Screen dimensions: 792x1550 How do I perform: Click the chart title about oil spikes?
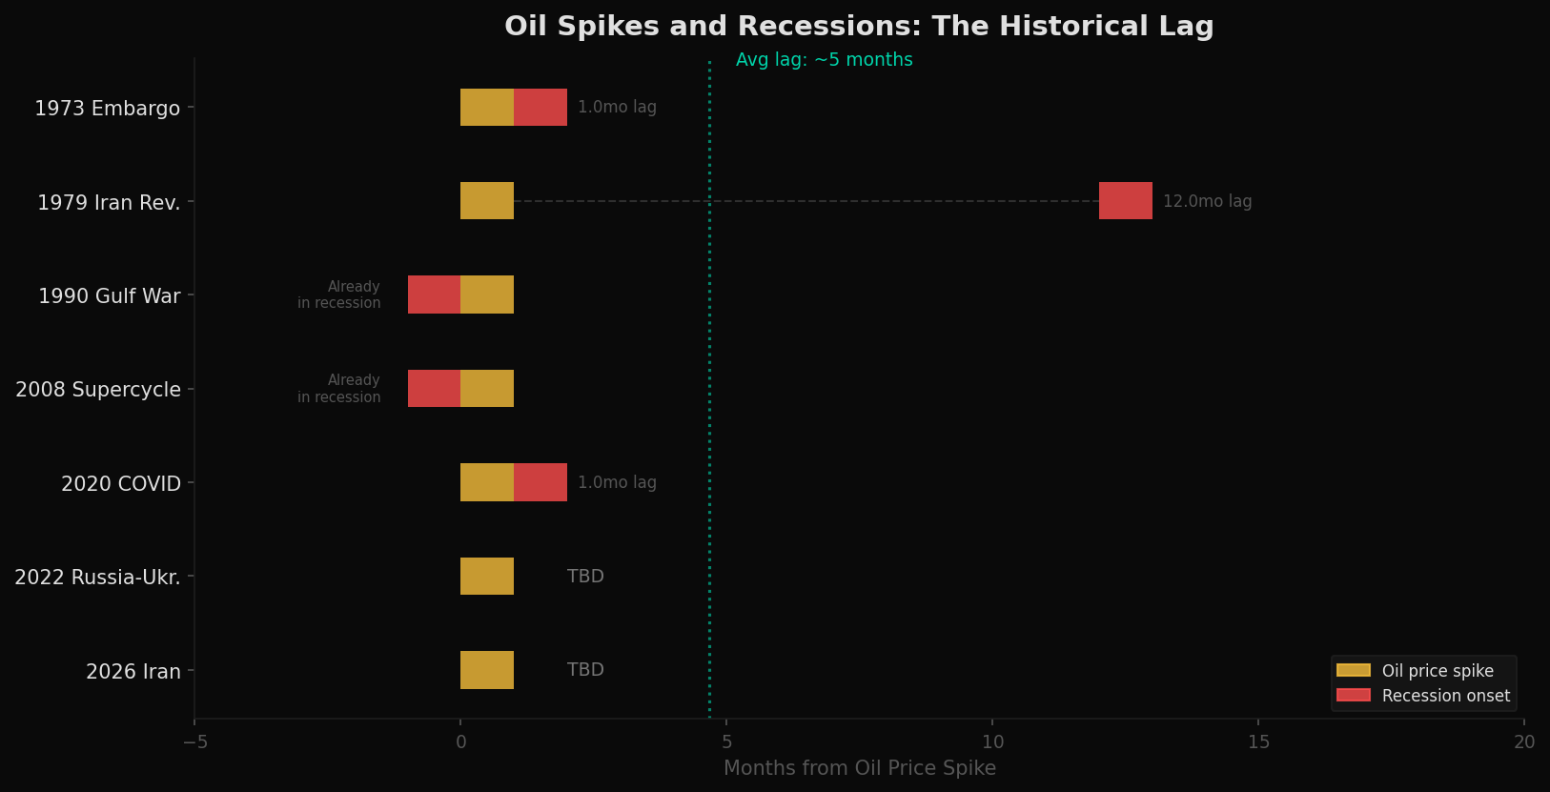[x=859, y=27]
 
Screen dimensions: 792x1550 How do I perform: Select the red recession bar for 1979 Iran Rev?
[x=1125, y=201]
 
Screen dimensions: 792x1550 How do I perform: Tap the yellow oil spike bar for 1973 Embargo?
[x=487, y=108]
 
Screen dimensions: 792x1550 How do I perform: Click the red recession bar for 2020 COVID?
[x=540, y=482]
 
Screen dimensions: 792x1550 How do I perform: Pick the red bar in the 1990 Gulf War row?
[x=434, y=294]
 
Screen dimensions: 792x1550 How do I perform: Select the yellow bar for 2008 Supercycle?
[x=487, y=389]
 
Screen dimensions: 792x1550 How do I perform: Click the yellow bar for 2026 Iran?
[x=487, y=670]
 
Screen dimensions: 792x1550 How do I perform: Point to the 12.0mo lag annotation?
[x=1207, y=202]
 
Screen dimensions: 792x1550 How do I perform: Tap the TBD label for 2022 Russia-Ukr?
[x=585, y=577]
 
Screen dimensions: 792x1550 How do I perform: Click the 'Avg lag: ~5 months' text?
[x=824, y=60]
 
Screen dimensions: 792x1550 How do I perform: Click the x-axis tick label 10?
[x=992, y=742]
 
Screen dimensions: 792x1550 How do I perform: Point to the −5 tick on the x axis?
[x=194, y=742]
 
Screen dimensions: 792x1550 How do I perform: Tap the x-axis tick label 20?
[x=1523, y=742]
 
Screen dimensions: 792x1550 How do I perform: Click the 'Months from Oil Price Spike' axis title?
[x=859, y=768]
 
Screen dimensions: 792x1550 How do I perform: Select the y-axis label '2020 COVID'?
[x=121, y=484]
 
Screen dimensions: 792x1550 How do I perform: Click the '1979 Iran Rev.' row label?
[x=109, y=203]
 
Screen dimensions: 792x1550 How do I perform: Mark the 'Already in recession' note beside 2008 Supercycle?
[x=339, y=389]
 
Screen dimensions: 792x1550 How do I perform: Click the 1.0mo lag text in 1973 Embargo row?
[x=617, y=108]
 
